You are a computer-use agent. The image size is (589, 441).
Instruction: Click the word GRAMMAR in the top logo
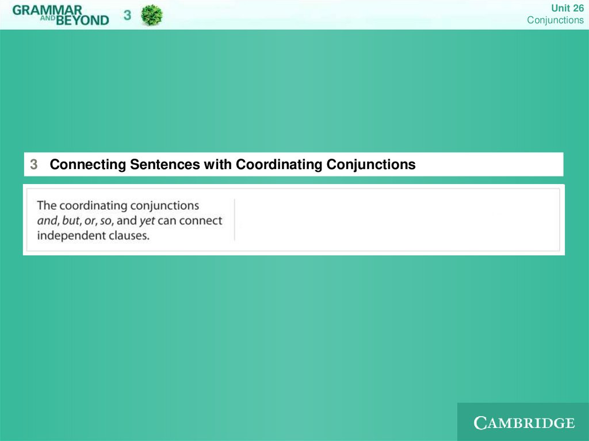tap(47, 10)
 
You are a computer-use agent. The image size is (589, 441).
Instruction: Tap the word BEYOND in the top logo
tap(83, 20)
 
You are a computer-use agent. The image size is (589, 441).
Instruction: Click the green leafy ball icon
tap(152, 16)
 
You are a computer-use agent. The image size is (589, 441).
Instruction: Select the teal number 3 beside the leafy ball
tap(127, 15)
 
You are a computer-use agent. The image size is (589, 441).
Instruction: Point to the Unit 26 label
tap(567, 8)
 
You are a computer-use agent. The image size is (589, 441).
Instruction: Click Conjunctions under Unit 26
tap(555, 20)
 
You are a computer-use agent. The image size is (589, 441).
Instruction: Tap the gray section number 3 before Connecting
tap(34, 164)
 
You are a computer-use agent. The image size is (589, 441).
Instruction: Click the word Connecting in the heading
tap(88, 164)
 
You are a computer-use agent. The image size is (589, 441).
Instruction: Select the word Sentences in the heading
tap(165, 164)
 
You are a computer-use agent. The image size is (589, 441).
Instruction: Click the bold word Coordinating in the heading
tap(279, 164)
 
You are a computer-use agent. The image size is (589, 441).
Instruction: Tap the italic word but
tap(71, 221)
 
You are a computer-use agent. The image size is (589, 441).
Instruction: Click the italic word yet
tap(147, 221)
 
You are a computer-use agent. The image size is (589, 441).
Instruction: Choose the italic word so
tap(106, 221)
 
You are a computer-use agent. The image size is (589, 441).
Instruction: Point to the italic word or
tap(90, 221)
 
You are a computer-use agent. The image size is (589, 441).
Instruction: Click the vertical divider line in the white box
tap(235, 220)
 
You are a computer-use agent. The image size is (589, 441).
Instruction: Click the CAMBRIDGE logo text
tap(524, 423)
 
